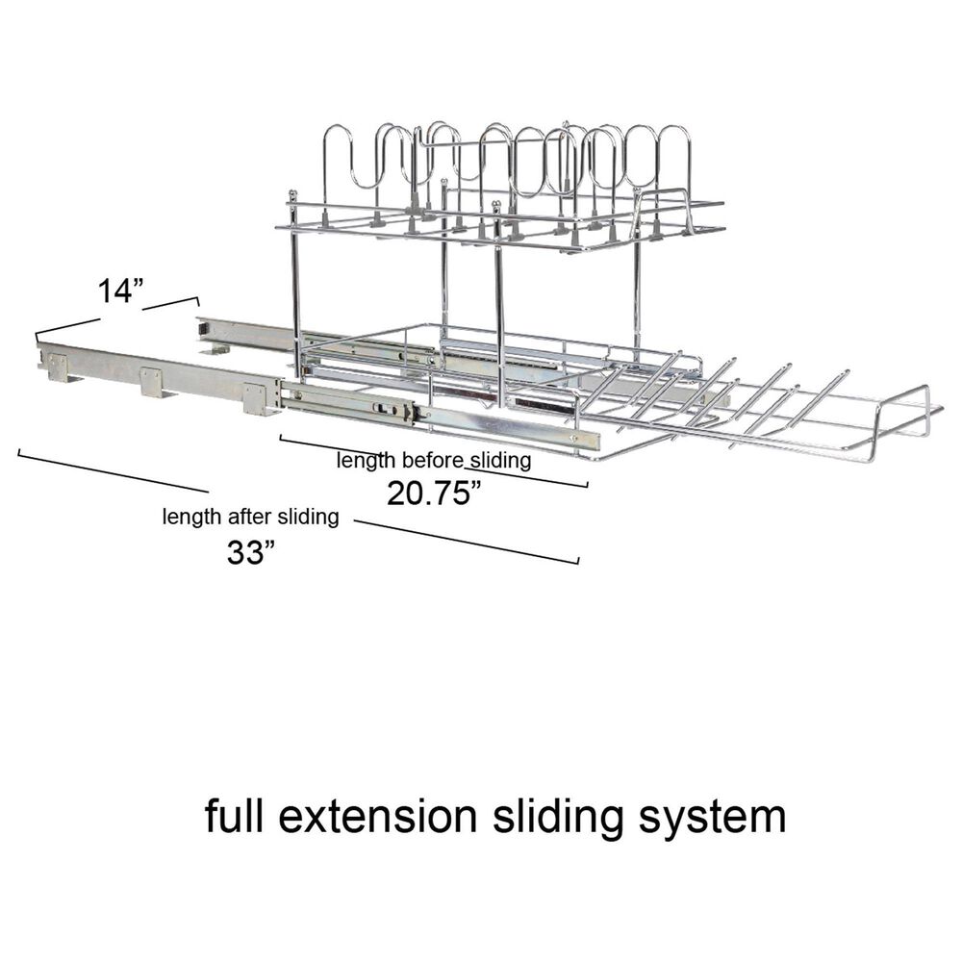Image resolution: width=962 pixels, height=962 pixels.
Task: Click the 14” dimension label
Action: tap(121, 291)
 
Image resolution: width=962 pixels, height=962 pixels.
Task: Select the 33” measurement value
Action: tap(250, 552)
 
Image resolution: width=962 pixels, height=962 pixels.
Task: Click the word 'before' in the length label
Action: tap(432, 459)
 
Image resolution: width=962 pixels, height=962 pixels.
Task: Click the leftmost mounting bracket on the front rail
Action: tap(59, 368)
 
